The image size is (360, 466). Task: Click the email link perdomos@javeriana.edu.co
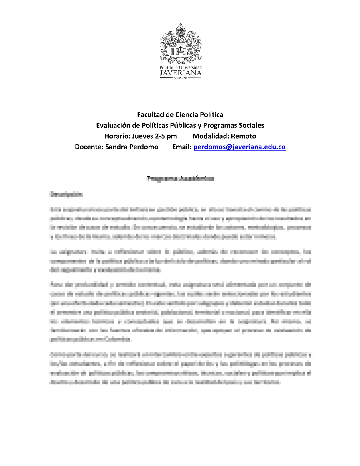239,147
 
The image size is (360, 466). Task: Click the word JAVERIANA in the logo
181,73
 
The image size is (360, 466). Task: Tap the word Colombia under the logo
181,78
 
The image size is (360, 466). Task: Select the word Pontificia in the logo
169,68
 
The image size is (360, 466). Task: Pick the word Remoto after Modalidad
244,136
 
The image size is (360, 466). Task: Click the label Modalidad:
211,136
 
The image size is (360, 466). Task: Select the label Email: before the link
182,147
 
